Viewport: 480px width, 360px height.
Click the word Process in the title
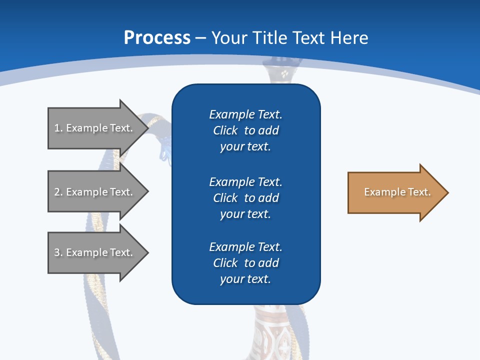point(157,38)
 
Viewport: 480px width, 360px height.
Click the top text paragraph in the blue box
point(245,130)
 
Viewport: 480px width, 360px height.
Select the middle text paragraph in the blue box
point(245,197)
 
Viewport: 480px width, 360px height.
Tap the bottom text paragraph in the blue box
point(245,263)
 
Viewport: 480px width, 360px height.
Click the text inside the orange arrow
point(397,192)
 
